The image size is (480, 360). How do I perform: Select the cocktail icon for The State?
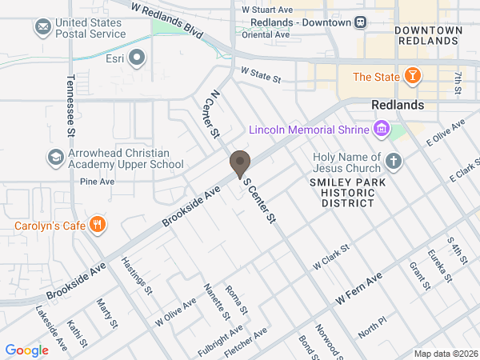pyautogui.click(x=412, y=77)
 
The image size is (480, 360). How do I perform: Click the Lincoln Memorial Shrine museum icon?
pyautogui.click(x=381, y=130)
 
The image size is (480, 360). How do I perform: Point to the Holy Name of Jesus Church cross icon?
pyautogui.click(x=393, y=162)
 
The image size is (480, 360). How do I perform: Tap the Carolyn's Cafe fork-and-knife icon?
pyautogui.click(x=98, y=225)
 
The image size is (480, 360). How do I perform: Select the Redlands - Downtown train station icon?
pyautogui.click(x=361, y=22)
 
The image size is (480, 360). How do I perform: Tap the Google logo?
pyautogui.click(x=26, y=350)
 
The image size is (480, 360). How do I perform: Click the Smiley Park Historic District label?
pyautogui.click(x=342, y=193)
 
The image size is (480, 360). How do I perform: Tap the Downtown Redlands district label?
pyautogui.click(x=428, y=35)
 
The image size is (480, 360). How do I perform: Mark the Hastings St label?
pyautogui.click(x=137, y=275)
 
